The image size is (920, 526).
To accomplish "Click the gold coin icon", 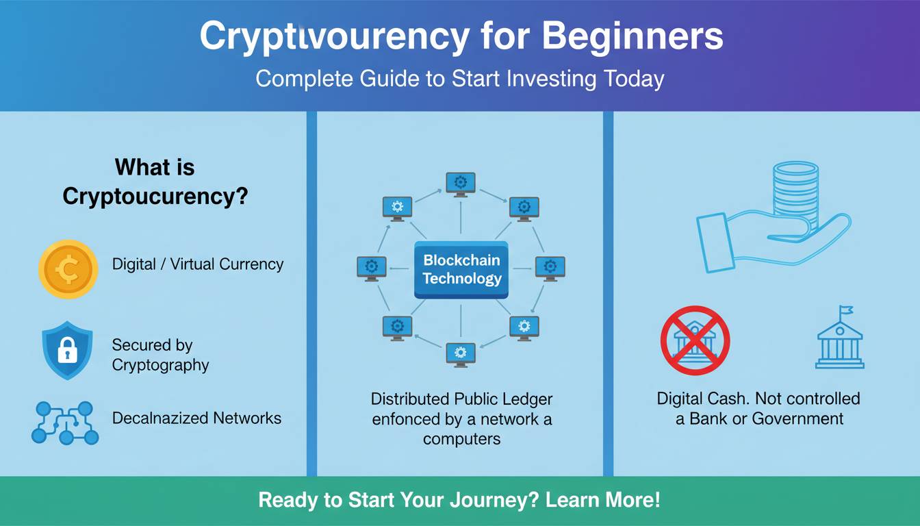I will [68, 269].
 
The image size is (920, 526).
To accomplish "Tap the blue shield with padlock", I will [66, 350].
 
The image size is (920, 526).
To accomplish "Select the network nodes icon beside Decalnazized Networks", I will [65, 422].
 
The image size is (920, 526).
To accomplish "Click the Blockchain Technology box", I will [461, 269].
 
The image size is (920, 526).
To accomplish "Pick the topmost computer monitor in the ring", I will [461, 184].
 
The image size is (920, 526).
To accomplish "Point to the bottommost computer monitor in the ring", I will [461, 353].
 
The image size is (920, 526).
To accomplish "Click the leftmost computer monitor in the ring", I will [372, 267].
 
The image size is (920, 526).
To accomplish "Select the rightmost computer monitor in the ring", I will [550, 267].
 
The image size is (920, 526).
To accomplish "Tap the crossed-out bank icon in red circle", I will [695, 340].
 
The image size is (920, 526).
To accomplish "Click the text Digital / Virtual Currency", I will [197, 264].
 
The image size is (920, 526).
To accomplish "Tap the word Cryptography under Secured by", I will [160, 365].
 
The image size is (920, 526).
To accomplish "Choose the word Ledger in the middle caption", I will [526, 399].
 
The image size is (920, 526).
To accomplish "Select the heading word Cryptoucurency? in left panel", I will [155, 197].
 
